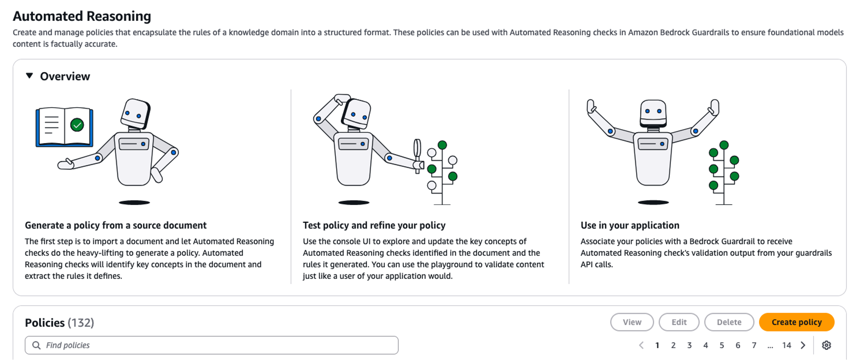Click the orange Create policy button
coord(796,322)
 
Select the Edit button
coord(679,322)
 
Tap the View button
coord(632,322)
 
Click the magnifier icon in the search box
coord(36,345)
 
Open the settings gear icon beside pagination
coord(826,345)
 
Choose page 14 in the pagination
coord(786,345)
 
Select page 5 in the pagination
coord(722,345)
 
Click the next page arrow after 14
coord(803,345)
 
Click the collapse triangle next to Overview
coord(29,76)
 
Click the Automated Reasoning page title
coord(82,16)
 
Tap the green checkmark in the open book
coord(77,125)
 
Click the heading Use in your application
coord(630,225)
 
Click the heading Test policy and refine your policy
coord(374,225)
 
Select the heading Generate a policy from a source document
coord(116,225)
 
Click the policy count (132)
coord(81,323)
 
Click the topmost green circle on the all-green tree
coord(724,145)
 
